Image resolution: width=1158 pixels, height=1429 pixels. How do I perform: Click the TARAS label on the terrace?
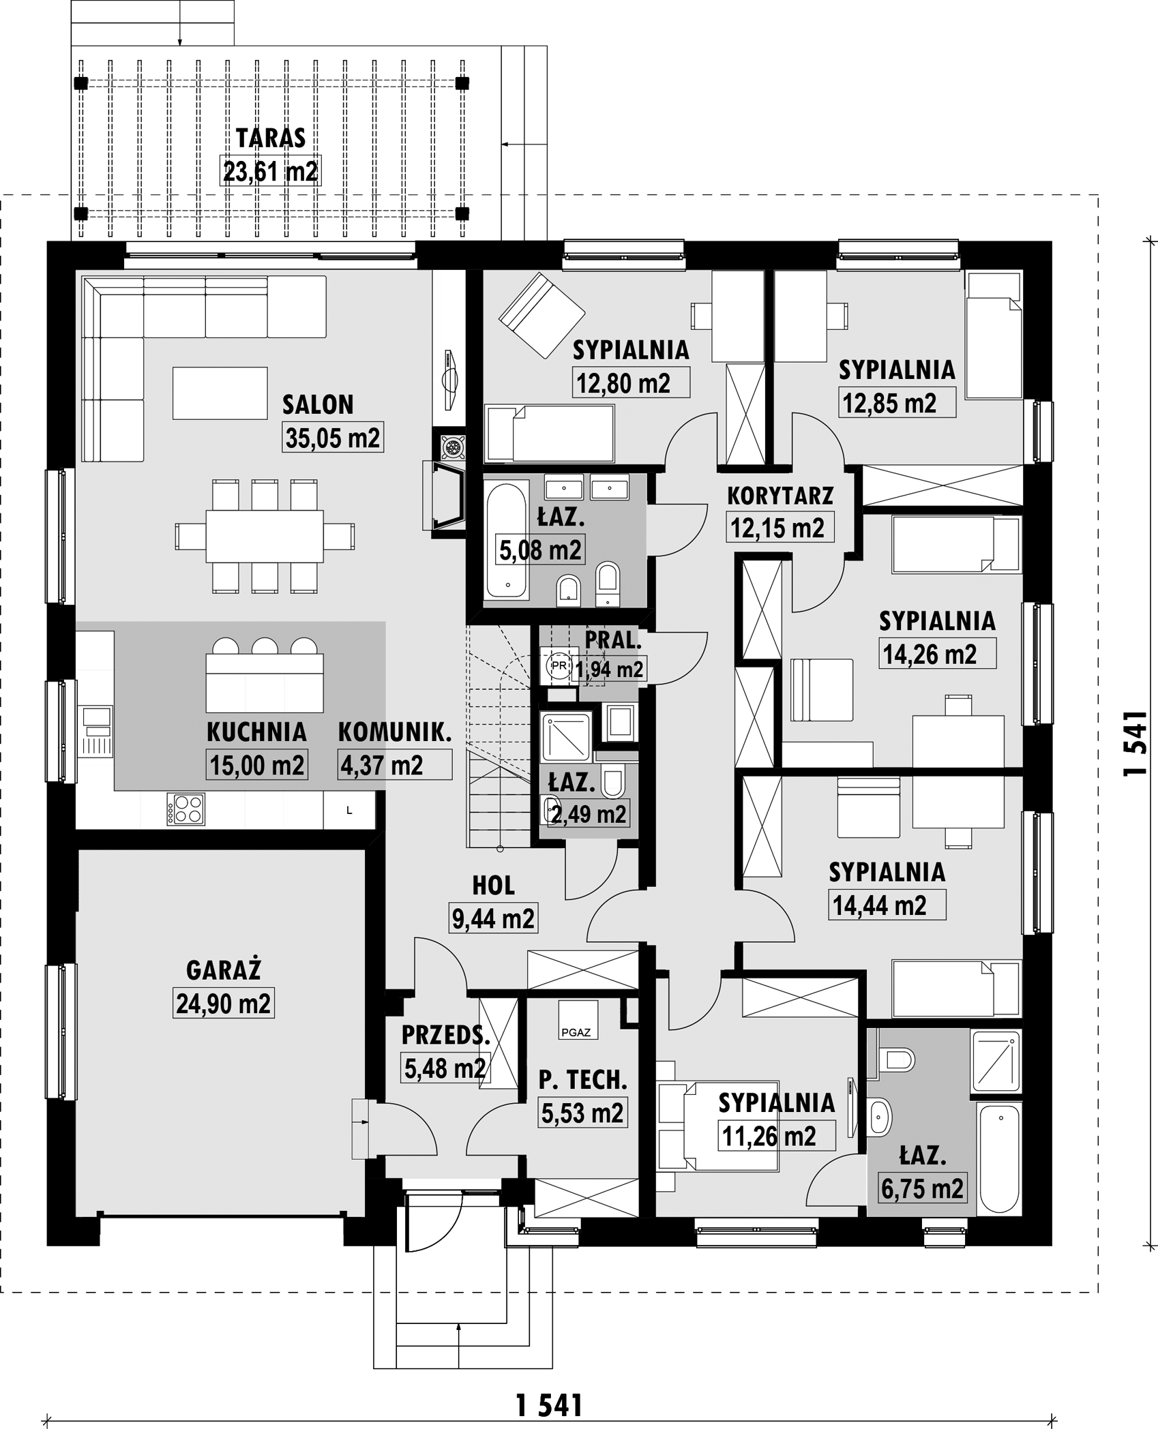click(x=271, y=138)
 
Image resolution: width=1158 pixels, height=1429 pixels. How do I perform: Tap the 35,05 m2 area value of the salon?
click(x=333, y=438)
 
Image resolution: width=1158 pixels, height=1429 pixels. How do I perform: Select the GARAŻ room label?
click(x=224, y=969)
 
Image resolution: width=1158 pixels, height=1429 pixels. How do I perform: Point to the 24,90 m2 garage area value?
click(x=224, y=1004)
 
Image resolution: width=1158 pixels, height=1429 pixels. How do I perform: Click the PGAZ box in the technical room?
click(x=578, y=1019)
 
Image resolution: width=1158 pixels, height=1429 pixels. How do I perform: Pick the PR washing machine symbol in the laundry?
click(x=559, y=666)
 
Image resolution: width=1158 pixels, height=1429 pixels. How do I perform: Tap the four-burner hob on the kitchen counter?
click(x=185, y=809)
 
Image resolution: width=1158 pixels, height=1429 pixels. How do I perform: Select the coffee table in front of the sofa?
click(x=220, y=393)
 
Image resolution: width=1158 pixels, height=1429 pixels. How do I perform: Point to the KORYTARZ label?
click(x=780, y=496)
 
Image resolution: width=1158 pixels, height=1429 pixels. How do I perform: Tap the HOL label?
click(x=494, y=886)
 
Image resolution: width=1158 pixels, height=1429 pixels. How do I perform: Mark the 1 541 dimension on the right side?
click(x=1135, y=744)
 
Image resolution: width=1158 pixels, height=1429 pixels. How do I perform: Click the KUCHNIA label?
click(x=256, y=732)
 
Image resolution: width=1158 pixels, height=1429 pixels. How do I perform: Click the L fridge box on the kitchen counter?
click(x=349, y=811)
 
